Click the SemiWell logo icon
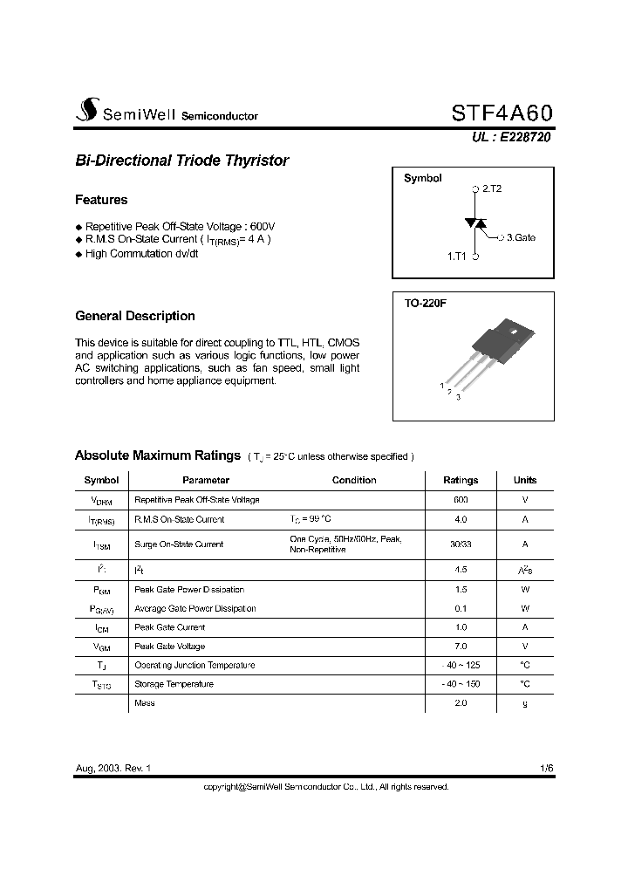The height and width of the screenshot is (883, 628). coord(86,112)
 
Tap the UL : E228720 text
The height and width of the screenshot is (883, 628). coord(511,137)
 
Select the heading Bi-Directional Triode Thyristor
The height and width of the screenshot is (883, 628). coord(181,161)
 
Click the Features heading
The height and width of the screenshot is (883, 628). coord(101,200)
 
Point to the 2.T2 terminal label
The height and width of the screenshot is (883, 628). coord(491,188)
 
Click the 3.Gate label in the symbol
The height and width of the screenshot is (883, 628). coord(521,236)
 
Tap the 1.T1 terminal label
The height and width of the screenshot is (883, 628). coord(458,257)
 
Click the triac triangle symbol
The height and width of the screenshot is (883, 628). coord(475,223)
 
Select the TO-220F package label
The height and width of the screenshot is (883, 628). coord(426,303)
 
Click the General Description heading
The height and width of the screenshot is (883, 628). coord(135,316)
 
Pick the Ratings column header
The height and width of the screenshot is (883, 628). coord(461,480)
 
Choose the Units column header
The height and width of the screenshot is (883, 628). coord(525,480)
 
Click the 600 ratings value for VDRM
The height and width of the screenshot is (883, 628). coord(461,500)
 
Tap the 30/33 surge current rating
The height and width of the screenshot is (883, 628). coord(461,544)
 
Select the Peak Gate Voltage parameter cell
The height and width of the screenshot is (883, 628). coord(170,647)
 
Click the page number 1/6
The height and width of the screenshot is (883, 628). coord(546,768)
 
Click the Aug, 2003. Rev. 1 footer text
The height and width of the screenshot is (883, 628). coord(113,768)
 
